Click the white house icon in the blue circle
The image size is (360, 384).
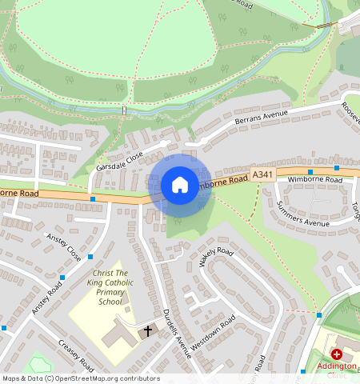(x=180, y=185)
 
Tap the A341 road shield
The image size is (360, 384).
(x=262, y=174)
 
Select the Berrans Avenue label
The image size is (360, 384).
(x=260, y=118)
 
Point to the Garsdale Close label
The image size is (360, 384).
(x=119, y=158)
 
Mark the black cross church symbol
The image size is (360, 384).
(x=147, y=330)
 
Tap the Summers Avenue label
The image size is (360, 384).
(x=302, y=213)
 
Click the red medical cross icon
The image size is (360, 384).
(x=337, y=354)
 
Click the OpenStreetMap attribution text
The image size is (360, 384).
(x=81, y=378)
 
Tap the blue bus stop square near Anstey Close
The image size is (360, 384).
(x=90, y=257)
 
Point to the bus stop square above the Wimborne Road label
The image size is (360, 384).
(x=310, y=171)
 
